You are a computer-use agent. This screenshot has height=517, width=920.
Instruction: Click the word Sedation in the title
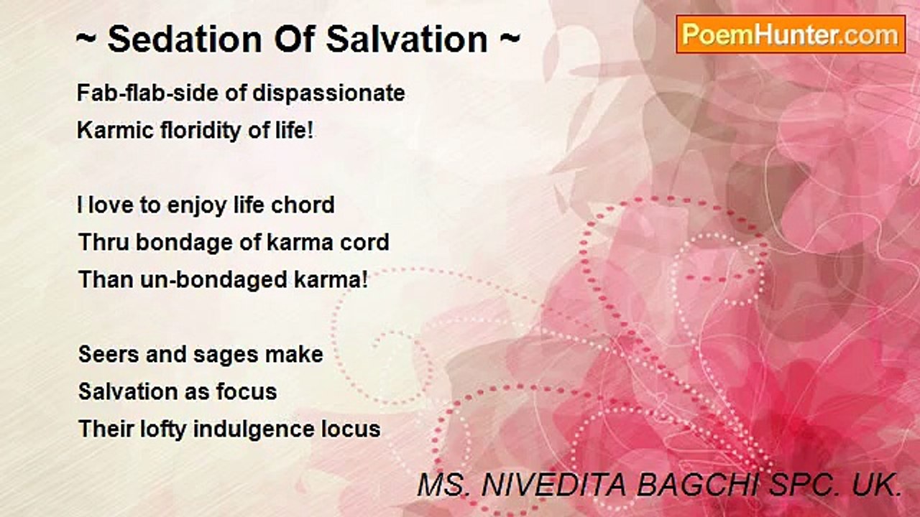[185, 39]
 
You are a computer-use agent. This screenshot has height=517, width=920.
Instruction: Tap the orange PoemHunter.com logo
[791, 34]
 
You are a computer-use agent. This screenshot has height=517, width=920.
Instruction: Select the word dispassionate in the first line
[328, 93]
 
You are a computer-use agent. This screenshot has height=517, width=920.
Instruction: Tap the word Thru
[104, 242]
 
